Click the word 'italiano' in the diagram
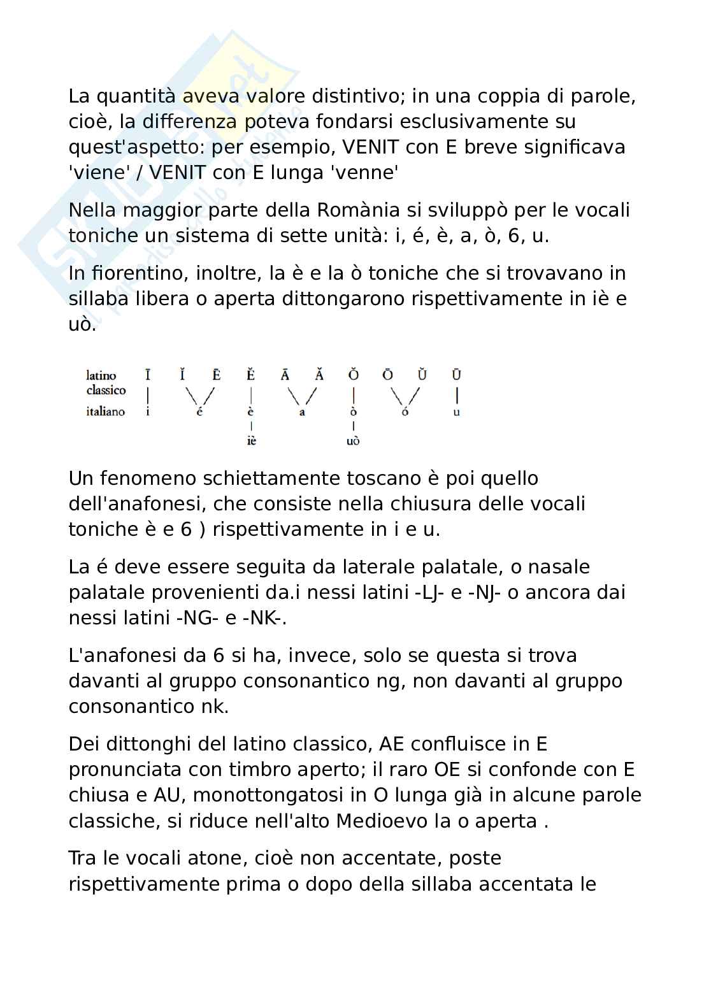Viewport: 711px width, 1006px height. click(x=105, y=412)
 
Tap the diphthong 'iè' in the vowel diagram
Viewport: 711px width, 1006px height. click(x=251, y=441)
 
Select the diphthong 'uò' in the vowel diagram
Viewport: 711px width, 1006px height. click(x=353, y=441)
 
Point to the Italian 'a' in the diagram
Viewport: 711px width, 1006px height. click(x=303, y=412)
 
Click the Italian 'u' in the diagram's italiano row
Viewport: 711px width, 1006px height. click(x=456, y=412)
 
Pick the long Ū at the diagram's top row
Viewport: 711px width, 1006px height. click(x=456, y=375)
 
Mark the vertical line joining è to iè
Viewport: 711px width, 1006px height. click(x=252, y=426)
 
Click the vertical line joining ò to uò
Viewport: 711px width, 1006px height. click(x=354, y=426)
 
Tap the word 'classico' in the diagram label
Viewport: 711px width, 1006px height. click(x=106, y=390)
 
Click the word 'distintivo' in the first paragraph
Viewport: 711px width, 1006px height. click(x=353, y=96)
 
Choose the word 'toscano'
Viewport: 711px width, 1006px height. click(x=337, y=478)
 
